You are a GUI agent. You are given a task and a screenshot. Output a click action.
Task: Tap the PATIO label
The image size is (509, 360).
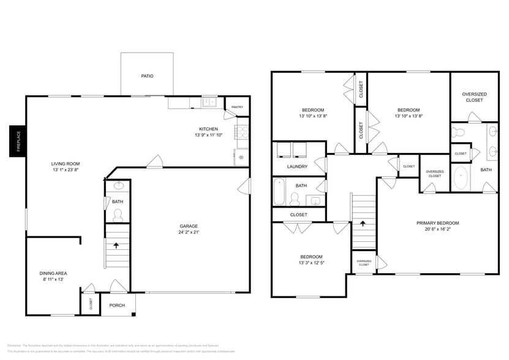[147, 77]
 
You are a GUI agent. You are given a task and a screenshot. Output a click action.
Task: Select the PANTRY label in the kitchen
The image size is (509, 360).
[236, 108]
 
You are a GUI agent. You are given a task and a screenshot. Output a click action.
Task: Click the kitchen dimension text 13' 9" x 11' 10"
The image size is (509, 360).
[208, 135]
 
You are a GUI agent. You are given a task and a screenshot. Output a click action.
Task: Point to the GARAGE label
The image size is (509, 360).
[188, 225]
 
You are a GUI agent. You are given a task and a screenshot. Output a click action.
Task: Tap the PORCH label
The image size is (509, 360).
[116, 305]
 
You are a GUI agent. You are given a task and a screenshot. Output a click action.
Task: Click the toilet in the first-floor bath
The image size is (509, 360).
[118, 214]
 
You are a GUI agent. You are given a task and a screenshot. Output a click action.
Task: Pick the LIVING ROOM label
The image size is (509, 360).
[66, 163]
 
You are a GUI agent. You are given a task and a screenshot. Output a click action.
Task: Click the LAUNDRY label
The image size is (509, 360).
[297, 167]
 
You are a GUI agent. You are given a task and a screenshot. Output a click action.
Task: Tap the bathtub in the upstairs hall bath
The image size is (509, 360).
[279, 191]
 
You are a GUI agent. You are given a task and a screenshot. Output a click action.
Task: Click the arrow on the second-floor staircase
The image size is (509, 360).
[362, 223]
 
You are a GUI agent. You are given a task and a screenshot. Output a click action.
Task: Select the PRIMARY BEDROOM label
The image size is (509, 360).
[437, 223]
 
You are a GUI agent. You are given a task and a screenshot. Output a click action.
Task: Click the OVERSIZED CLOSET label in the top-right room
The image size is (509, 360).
[474, 97]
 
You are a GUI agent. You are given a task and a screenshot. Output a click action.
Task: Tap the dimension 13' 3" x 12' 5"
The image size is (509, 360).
[311, 263]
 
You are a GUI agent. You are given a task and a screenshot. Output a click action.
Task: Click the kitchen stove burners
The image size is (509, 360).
[241, 130]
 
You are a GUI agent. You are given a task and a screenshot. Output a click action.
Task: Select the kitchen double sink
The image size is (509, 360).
[209, 102]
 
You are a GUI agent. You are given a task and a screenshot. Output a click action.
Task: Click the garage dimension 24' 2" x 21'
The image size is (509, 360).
[189, 232]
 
